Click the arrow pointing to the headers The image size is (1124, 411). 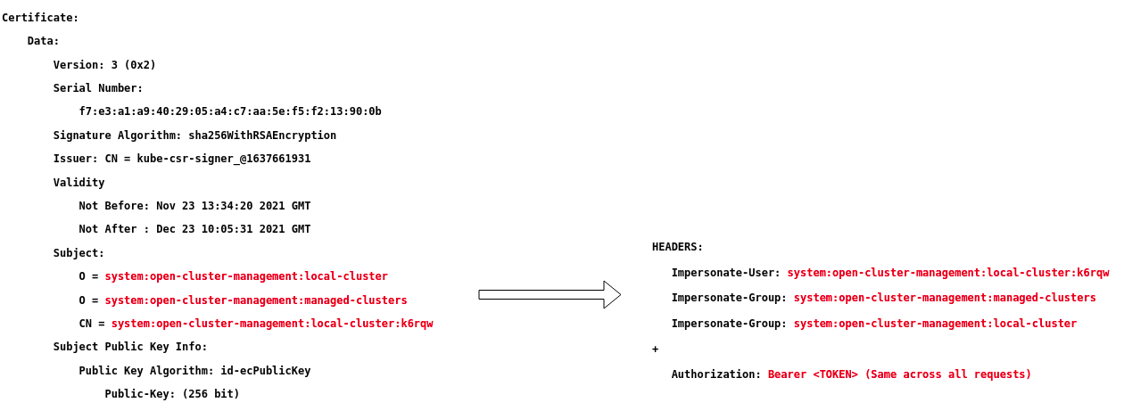coord(549,294)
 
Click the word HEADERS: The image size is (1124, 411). coord(677,247)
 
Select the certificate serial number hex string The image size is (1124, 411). coord(230,111)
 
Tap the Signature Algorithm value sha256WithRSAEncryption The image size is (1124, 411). coord(262,136)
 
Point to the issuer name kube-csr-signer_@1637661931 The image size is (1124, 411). coord(224,159)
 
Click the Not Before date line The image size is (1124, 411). coord(194,206)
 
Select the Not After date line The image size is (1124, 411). coord(194,229)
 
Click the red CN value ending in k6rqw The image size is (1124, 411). coord(272,324)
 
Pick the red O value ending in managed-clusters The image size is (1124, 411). coord(256,300)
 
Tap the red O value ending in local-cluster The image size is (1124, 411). coord(246,276)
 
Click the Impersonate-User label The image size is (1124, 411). coord(725,273)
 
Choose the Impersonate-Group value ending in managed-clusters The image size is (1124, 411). coord(945,298)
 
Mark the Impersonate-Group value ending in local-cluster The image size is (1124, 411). coord(935,324)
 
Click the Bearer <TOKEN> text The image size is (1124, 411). coord(813,374)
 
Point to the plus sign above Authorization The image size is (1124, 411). coord(656,349)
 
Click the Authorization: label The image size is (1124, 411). coord(716,374)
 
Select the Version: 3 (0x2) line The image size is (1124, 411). coord(104,65)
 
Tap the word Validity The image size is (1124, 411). coord(79,183)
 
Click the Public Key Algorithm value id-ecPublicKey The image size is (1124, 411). coord(266,371)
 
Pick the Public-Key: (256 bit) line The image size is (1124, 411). coord(172,394)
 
